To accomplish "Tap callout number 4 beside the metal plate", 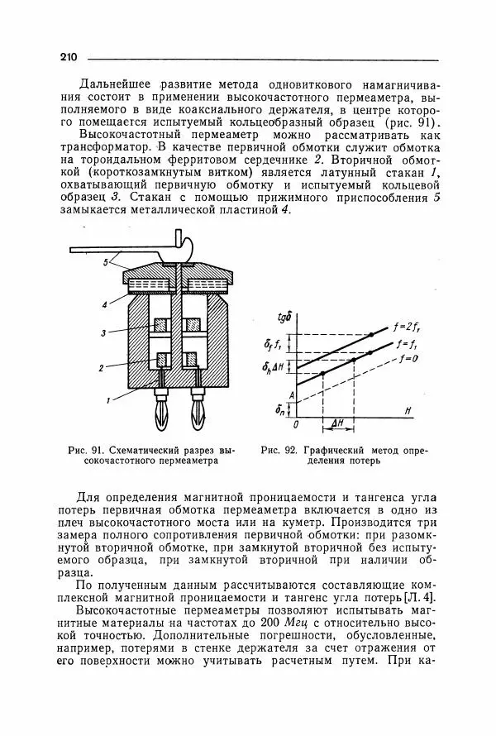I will pyautogui.click(x=105, y=304).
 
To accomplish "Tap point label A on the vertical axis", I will pyautogui.click(x=290, y=394).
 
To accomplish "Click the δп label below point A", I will pyautogui.click(x=282, y=409).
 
